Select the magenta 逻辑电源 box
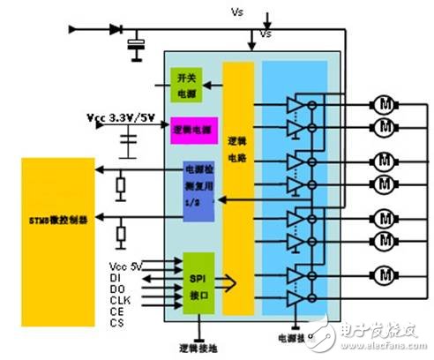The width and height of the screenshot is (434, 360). (193, 130)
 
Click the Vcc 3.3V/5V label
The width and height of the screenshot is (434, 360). (122, 116)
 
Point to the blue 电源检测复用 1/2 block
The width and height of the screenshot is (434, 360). (198, 186)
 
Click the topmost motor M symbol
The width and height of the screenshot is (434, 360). (384, 103)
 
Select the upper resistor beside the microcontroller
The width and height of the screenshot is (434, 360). (120, 185)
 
